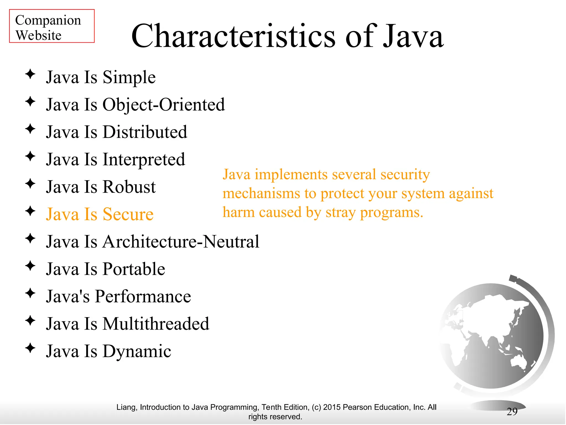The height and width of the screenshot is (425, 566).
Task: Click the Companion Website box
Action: click(x=52, y=26)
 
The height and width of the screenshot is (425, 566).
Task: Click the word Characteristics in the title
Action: click(x=233, y=36)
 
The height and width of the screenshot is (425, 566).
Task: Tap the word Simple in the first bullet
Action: click(x=129, y=77)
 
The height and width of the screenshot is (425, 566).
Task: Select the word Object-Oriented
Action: click(x=164, y=105)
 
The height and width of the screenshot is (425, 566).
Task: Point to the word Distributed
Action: click(x=145, y=132)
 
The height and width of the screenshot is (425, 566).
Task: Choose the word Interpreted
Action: click(x=144, y=160)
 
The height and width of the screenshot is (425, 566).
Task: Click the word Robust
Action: click(x=129, y=187)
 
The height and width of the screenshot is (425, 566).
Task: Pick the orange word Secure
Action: click(x=128, y=214)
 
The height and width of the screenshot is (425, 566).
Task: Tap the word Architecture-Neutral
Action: click(x=181, y=242)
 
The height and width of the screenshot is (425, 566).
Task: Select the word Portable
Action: click(x=134, y=269)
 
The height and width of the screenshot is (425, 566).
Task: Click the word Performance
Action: click(x=143, y=296)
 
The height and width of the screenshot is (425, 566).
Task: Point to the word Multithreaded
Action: click(x=156, y=324)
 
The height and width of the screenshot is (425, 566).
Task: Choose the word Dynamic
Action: click(x=137, y=351)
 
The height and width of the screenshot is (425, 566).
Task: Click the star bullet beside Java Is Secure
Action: click(x=30, y=211)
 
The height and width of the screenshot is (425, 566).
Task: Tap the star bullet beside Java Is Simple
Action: click(x=30, y=74)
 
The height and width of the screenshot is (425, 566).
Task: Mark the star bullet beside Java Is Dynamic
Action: click(x=30, y=348)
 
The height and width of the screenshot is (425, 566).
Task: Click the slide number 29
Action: click(x=512, y=412)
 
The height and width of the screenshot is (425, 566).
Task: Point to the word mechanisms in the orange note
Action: click(x=261, y=193)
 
